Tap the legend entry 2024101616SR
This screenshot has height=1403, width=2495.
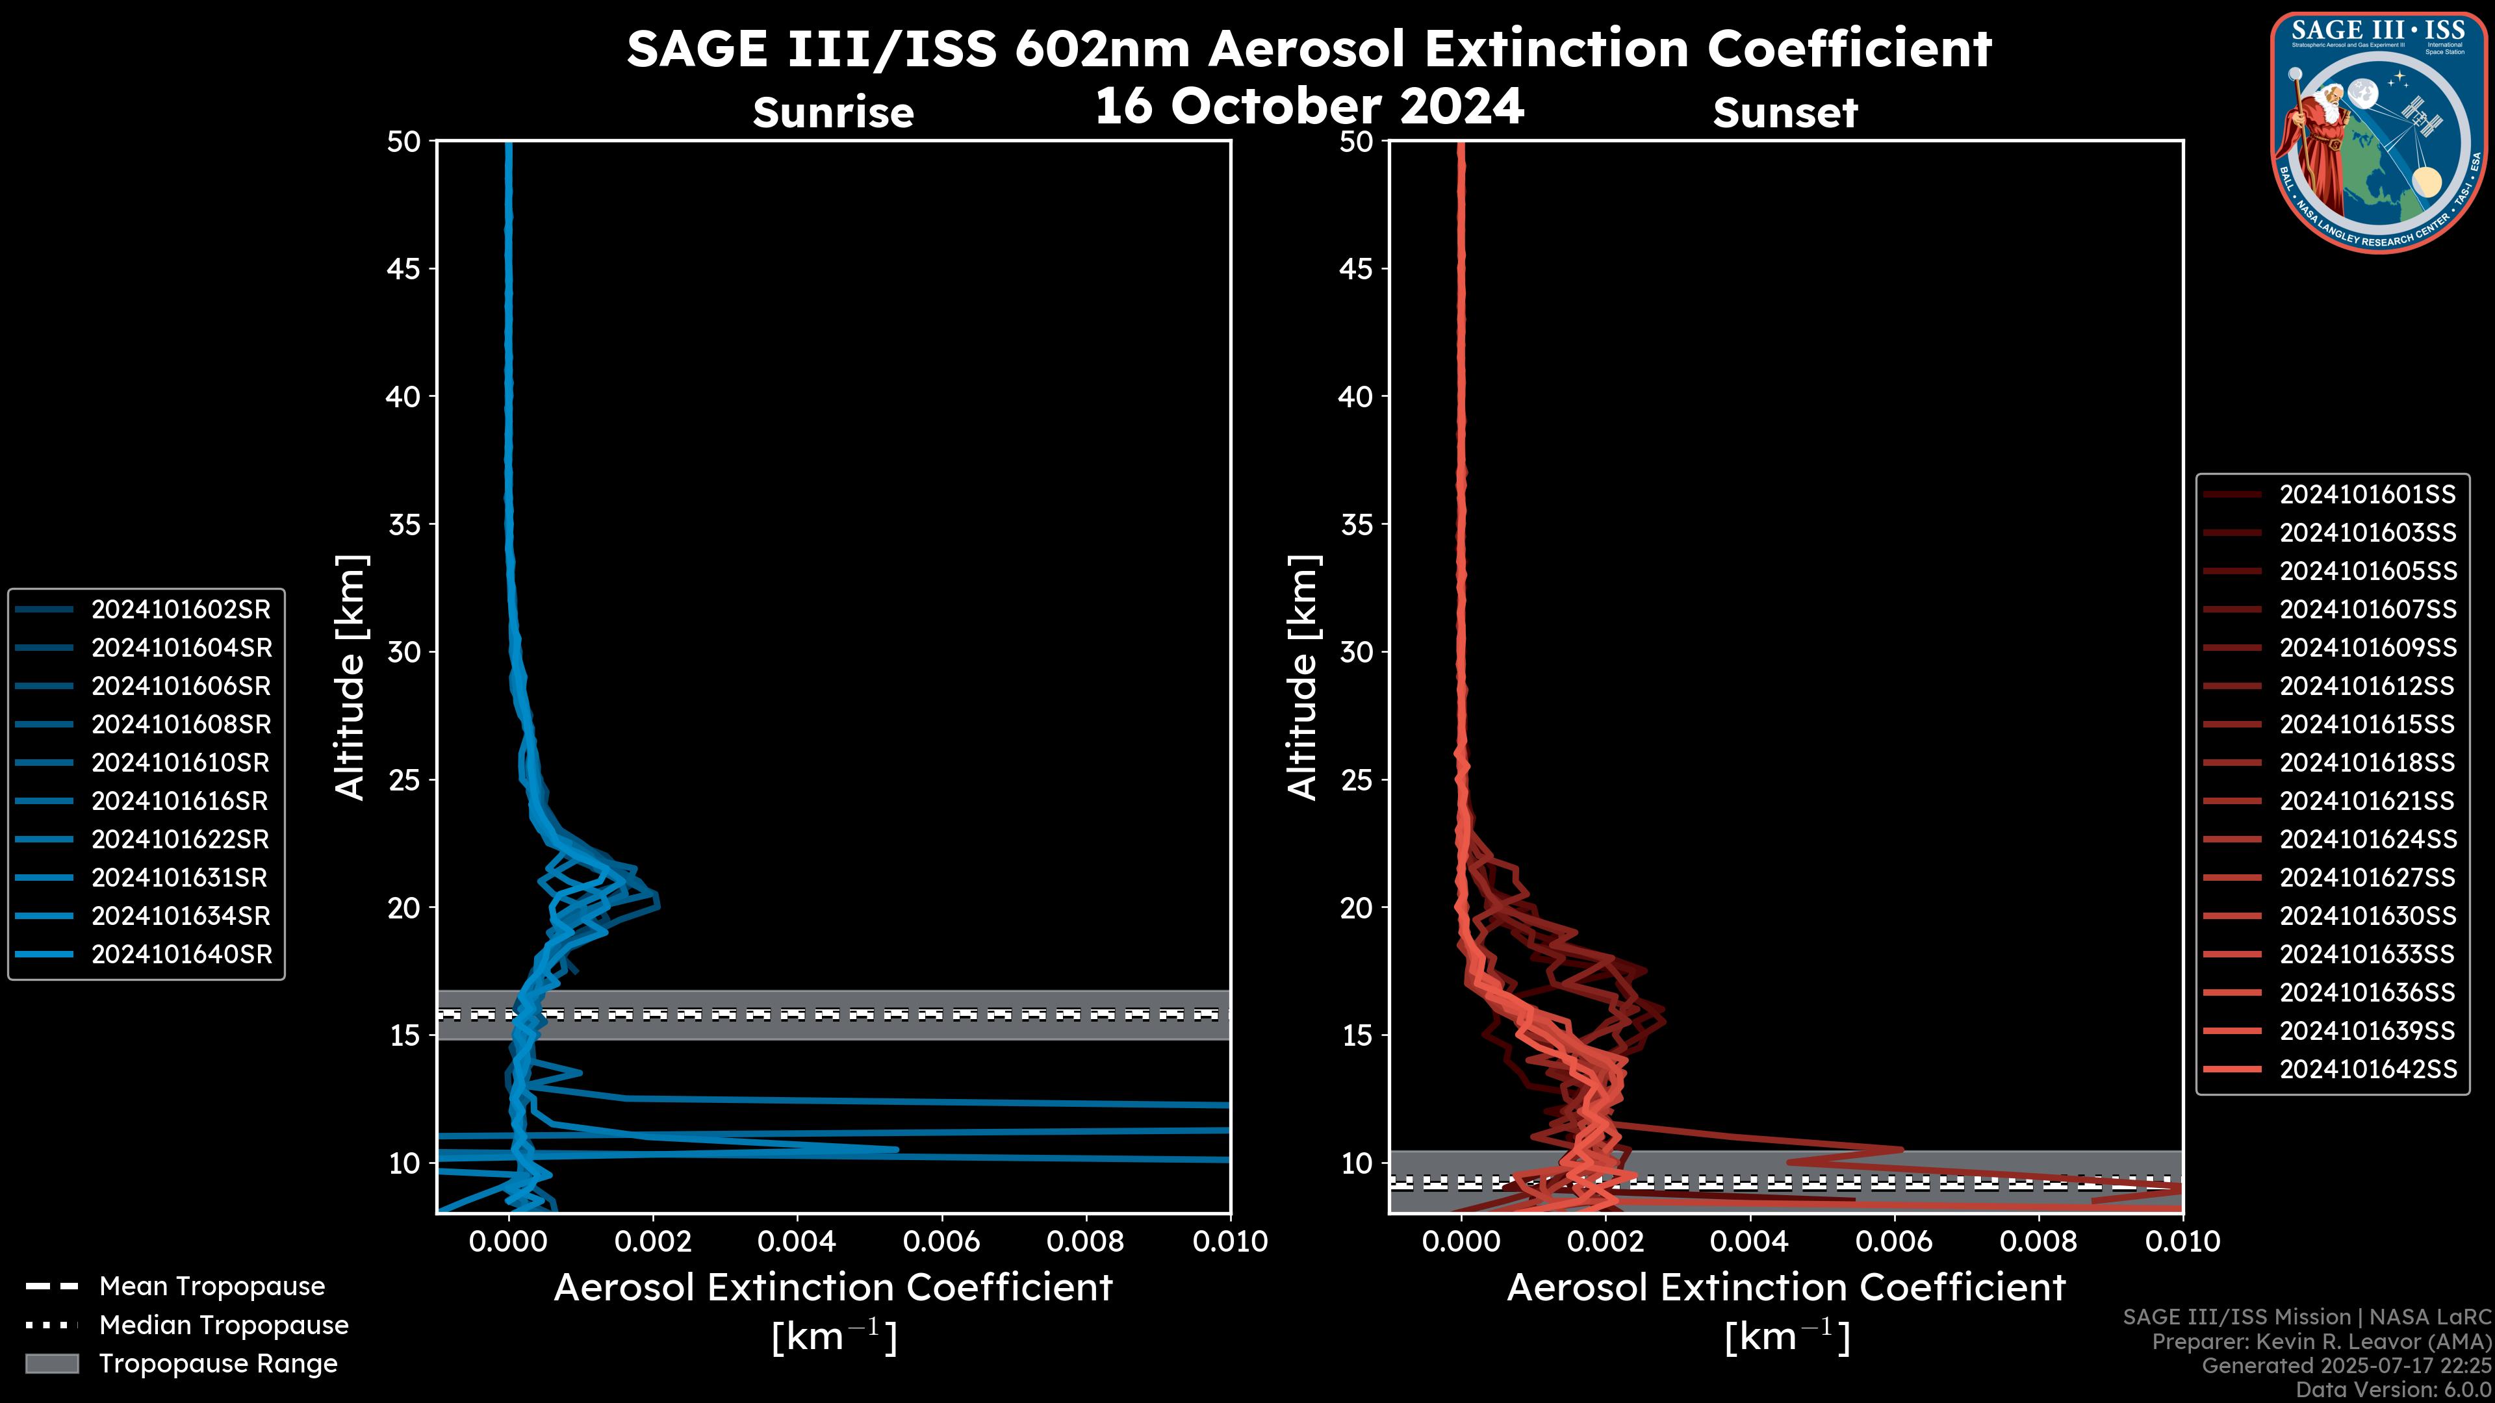point(180,801)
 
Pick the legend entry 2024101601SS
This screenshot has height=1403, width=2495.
point(2367,495)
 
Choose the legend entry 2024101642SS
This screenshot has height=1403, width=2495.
point(2367,1069)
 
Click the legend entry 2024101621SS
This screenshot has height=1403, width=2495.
point(2367,801)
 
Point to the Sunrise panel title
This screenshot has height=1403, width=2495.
point(833,113)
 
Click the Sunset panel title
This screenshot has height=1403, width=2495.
point(1785,113)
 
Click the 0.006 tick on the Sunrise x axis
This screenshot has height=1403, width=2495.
point(941,1241)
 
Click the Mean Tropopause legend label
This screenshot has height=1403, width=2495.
point(212,1286)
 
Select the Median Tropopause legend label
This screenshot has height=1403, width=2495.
point(224,1324)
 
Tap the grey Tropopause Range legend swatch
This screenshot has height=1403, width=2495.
point(52,1363)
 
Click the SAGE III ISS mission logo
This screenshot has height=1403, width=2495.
point(2376,131)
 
